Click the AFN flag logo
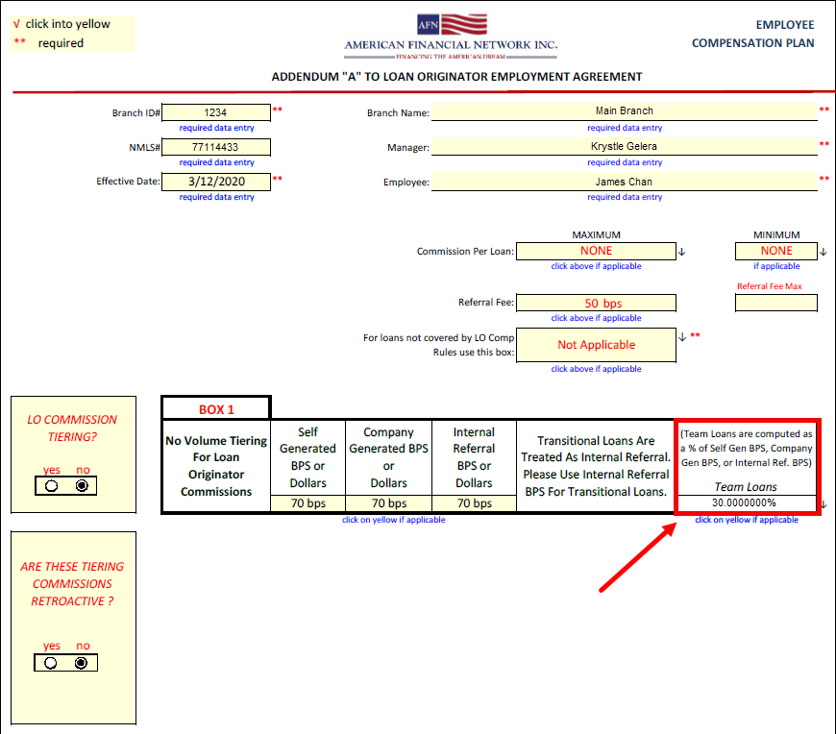click(x=452, y=26)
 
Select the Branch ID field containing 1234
click(x=216, y=112)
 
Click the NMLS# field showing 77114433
click(x=216, y=147)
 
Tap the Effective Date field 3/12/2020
click(x=216, y=181)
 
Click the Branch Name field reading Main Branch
click(x=624, y=111)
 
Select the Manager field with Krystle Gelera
click(x=624, y=146)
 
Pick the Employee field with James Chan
click(x=624, y=181)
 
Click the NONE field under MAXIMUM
click(x=596, y=252)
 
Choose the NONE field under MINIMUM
click(x=776, y=252)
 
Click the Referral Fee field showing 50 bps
click(x=596, y=304)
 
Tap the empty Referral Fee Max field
click(x=776, y=304)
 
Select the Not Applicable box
click(x=596, y=345)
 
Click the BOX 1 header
click(x=216, y=409)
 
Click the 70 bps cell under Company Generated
click(x=389, y=503)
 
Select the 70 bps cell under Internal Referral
click(x=473, y=503)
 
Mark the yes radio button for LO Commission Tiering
click(x=51, y=486)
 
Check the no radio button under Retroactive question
click(x=82, y=663)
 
